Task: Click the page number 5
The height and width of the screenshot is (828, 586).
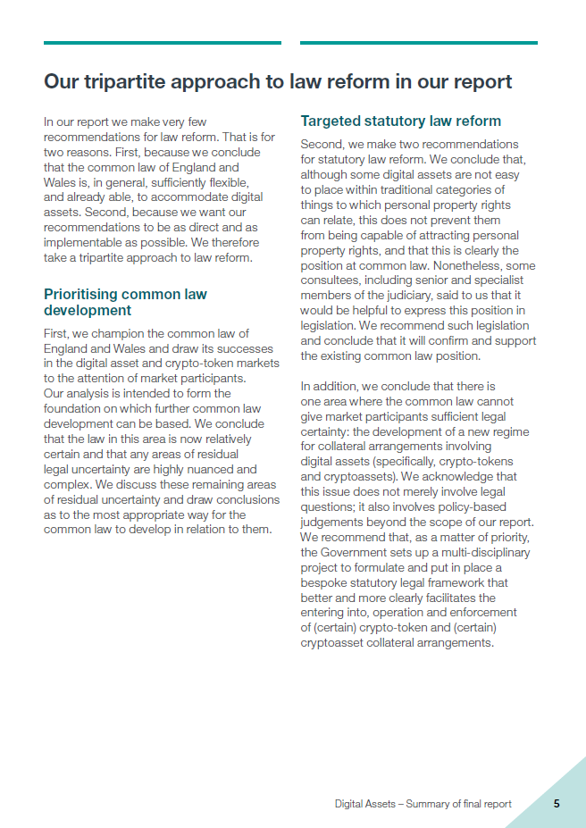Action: click(x=556, y=803)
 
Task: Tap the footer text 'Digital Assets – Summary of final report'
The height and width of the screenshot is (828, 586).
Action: click(x=423, y=804)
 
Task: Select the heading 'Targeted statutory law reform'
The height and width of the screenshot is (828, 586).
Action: click(x=400, y=121)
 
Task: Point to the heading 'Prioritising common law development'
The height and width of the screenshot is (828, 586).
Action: click(x=125, y=302)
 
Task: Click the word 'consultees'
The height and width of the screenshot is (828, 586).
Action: click(x=330, y=281)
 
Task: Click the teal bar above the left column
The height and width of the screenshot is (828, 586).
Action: click(x=163, y=42)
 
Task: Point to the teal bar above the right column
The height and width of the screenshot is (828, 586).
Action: click(x=419, y=42)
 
